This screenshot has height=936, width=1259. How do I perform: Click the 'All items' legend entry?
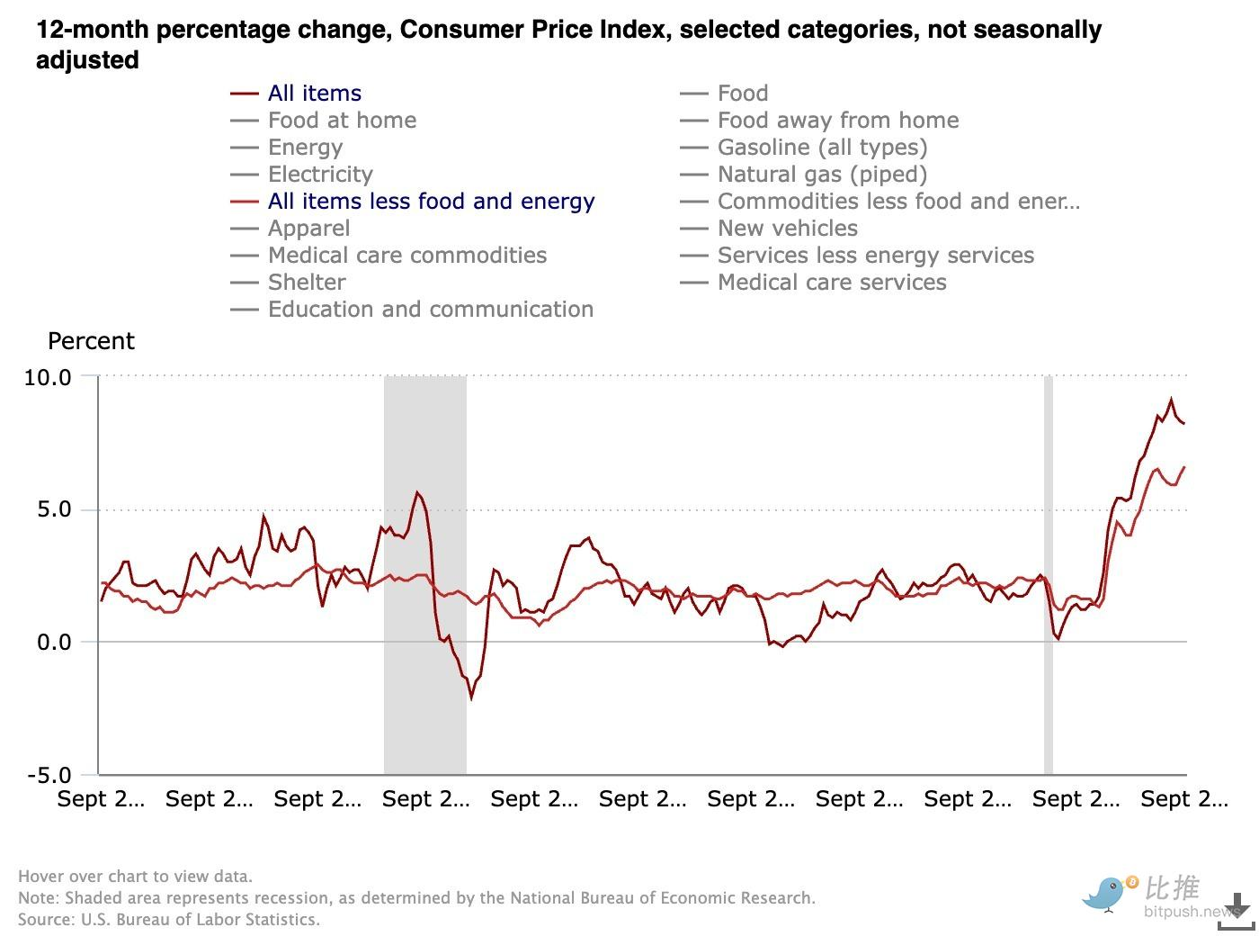pos(314,94)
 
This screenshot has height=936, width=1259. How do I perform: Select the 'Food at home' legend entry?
pos(342,121)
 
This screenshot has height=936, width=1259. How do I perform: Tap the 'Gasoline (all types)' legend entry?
pos(821,148)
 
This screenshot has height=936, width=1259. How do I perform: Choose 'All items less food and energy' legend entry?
pos(431,202)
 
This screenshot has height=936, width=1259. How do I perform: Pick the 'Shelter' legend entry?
pos(307,283)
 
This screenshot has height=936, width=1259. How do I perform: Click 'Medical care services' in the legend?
pos(831,283)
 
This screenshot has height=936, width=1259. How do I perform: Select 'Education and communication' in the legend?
pos(430,310)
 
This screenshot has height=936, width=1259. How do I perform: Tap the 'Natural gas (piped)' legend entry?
pos(821,175)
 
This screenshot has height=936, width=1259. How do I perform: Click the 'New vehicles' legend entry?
pos(787,229)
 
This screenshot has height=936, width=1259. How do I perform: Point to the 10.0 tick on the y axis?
pos(48,377)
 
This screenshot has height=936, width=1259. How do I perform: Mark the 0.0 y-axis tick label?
pos(52,643)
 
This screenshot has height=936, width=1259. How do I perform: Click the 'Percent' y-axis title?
pos(91,341)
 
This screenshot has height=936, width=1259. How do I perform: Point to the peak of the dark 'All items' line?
pos(1171,400)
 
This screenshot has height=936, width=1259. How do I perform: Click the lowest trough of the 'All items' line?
pos(471,697)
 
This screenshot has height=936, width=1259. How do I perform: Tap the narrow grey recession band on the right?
pos(1049,576)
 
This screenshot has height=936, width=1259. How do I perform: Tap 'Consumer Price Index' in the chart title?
pos(536,30)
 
